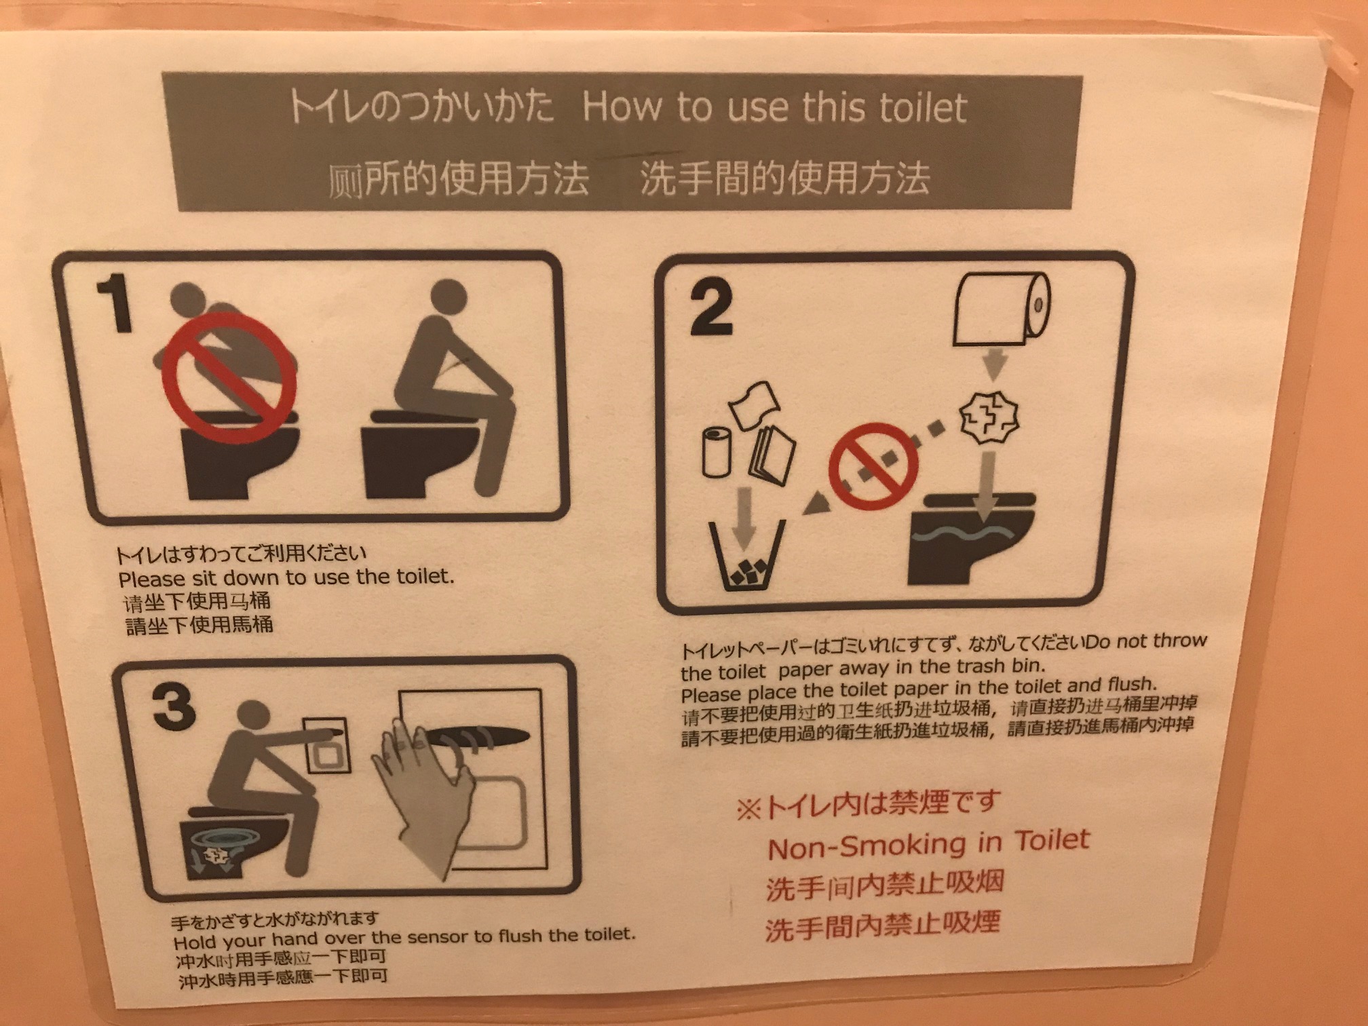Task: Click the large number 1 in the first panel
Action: click(116, 303)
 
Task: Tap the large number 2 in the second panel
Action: click(711, 307)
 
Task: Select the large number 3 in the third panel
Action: click(174, 707)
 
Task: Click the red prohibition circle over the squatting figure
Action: click(229, 377)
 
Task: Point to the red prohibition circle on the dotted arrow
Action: click(873, 466)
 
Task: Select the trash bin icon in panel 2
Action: click(747, 555)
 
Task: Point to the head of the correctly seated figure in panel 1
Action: click(449, 298)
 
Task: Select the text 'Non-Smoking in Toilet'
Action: click(928, 843)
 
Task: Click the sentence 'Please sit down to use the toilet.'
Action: click(286, 577)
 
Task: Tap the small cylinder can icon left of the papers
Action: click(717, 452)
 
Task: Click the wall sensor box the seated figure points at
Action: click(328, 746)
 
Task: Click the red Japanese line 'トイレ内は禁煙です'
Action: click(868, 805)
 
